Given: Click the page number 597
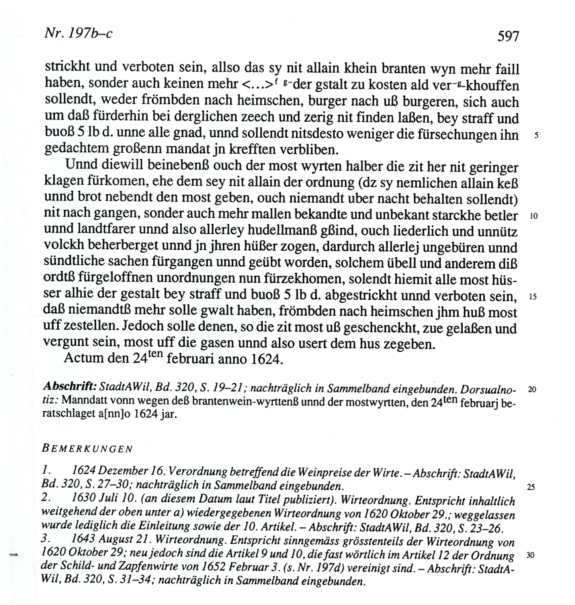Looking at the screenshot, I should [508, 36].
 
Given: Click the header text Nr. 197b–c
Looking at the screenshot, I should [78, 33].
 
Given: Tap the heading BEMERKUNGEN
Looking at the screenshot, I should [87, 449].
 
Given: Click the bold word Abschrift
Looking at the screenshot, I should [70, 386].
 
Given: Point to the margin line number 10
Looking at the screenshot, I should [534, 217].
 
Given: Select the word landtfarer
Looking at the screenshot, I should [113, 231].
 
